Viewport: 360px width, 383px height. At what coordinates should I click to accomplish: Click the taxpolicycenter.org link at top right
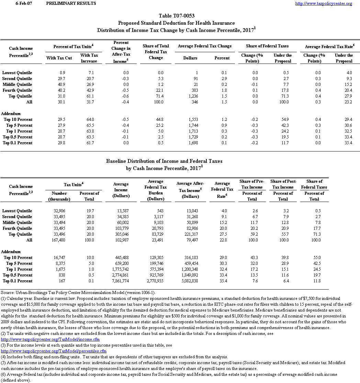pos(324,3)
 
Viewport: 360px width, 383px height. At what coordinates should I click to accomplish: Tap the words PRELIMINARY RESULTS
pos(71,3)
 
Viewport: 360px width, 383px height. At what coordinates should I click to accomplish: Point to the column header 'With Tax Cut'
pos(59,58)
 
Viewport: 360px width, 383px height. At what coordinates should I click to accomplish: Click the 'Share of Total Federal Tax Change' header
pos(156,52)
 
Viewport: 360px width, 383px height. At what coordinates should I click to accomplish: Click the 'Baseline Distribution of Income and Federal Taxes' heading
pos(164,161)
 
